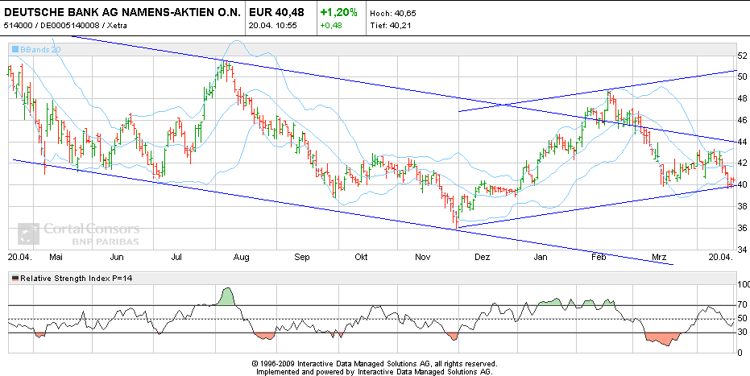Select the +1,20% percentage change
click(338, 13)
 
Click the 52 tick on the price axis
click(742, 56)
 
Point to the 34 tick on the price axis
click(742, 250)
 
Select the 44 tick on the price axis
click(742, 142)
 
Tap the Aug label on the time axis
click(239, 258)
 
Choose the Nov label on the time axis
click(422, 258)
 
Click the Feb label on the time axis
click(599, 258)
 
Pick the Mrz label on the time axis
click(660, 258)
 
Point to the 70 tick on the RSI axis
click(742, 305)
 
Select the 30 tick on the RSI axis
click(742, 333)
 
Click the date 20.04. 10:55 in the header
click(272, 26)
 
